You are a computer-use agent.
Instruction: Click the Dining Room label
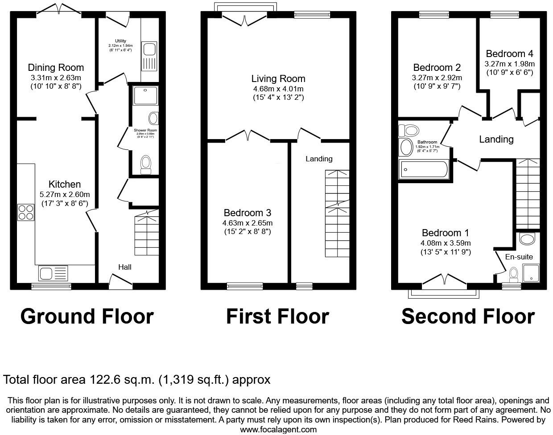pos(56,68)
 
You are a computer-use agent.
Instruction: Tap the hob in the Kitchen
pos(26,212)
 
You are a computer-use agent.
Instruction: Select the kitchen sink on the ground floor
pos(53,272)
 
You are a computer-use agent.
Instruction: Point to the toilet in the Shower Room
pos(146,164)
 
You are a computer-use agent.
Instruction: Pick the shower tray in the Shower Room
pos(145,95)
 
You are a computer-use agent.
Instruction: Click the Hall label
pos(125,267)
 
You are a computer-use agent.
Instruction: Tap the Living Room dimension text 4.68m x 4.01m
pos(278,89)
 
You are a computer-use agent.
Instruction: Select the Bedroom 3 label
pos(248,213)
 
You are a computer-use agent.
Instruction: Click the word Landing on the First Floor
pos(319,159)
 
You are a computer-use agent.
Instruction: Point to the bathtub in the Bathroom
pos(423,169)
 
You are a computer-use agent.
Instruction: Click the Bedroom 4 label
pos(509,54)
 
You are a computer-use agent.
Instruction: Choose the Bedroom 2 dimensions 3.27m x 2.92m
pos(437,78)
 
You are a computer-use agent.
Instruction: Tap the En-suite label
pos(519,257)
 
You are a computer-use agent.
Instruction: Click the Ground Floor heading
pos(87,316)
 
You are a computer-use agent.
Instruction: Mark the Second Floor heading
pos(468,316)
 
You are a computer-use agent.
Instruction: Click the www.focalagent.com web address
pos(278,430)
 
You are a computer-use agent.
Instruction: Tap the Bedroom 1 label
pos(446,233)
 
